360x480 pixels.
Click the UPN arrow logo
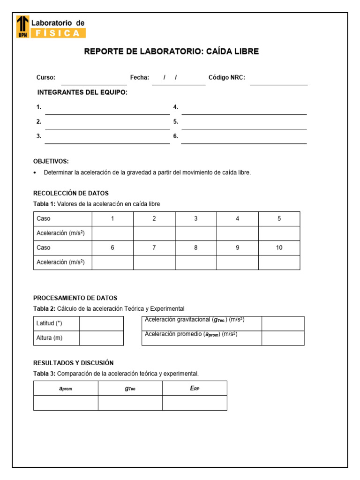click(22, 26)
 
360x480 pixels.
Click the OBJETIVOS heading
click(51, 161)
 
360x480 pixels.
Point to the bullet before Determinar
click(35, 173)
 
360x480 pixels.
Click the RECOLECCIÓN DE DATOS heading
click(71, 193)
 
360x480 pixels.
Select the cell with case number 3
click(196, 219)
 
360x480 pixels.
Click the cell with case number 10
click(279, 248)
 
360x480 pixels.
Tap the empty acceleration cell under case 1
click(112, 233)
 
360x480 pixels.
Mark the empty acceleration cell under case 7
click(154, 262)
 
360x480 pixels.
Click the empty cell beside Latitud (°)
click(101, 324)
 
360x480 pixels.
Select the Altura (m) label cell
click(56, 338)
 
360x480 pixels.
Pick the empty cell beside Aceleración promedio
click(283, 338)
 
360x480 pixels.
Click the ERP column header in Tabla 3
click(195, 389)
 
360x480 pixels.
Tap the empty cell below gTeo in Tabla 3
click(130, 403)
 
